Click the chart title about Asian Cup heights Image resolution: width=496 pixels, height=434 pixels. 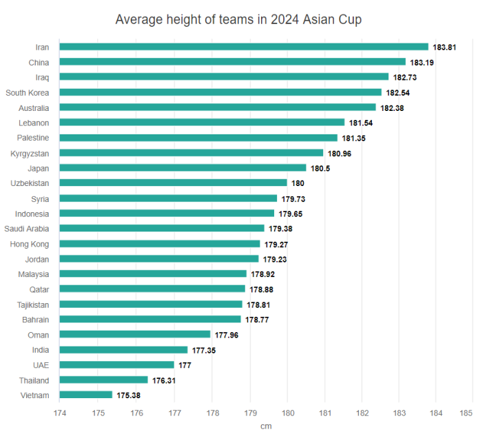(x=238, y=19)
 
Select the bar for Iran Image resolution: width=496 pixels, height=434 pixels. (x=244, y=47)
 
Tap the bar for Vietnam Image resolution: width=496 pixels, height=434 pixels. (x=86, y=395)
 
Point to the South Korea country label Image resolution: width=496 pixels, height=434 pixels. (x=28, y=92)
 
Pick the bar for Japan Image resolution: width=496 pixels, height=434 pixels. (x=183, y=167)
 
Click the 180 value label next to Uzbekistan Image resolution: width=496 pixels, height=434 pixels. (x=298, y=183)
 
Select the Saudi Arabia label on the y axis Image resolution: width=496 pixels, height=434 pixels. (x=27, y=229)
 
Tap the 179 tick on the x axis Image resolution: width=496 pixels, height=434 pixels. (x=249, y=413)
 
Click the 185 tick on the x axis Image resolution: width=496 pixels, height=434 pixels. (x=472, y=413)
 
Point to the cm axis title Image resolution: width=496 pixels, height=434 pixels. (x=266, y=426)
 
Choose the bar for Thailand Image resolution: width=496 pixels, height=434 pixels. (x=103, y=380)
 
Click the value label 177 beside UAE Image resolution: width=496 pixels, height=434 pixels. (x=185, y=365)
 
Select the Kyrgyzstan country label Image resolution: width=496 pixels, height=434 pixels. (x=30, y=153)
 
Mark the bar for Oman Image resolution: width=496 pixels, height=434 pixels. (x=135, y=334)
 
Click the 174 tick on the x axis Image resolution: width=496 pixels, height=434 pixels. (x=60, y=413)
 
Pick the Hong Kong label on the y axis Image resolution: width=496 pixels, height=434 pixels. (x=30, y=244)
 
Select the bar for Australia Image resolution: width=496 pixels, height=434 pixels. (x=218, y=107)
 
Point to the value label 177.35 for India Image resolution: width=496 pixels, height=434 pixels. (x=203, y=350)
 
